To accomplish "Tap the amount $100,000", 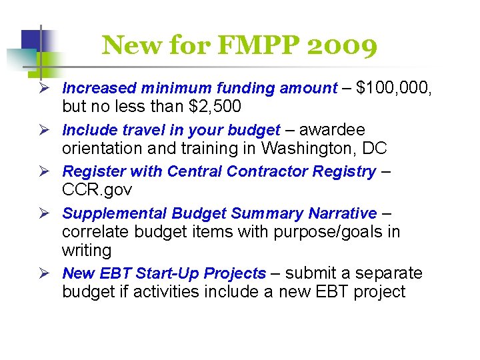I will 394,88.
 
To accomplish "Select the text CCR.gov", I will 97,190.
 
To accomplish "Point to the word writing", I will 87,251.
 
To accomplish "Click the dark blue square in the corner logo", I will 31,41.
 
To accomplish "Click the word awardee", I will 331,129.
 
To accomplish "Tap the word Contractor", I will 267,171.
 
